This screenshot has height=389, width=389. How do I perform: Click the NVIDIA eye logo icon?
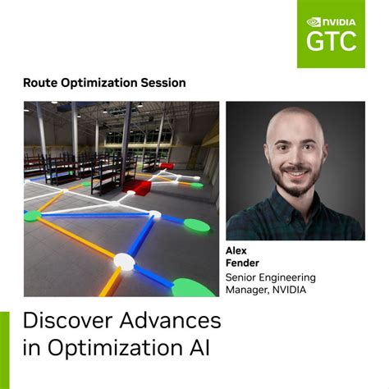[316, 22]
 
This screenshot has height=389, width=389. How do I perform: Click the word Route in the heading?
[41, 83]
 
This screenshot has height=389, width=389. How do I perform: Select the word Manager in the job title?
[247, 290]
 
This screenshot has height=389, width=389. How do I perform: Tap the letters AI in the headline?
[196, 347]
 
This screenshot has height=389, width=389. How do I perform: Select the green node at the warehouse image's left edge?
[31, 217]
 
